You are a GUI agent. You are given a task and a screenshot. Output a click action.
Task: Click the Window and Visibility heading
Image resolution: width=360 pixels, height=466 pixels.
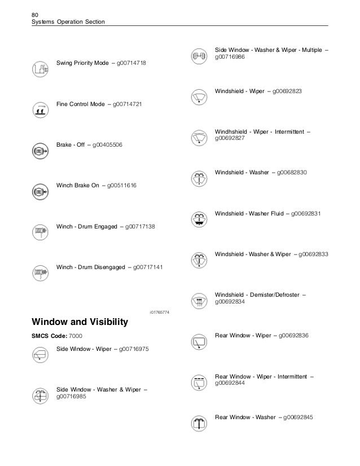pos(80,323)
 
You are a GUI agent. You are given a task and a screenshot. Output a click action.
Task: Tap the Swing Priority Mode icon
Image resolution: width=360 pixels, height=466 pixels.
pos(40,69)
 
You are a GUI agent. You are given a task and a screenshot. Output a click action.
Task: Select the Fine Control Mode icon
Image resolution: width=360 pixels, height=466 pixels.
pos(40,110)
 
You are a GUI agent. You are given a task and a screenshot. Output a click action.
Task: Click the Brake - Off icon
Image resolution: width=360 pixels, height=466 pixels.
pos(40,151)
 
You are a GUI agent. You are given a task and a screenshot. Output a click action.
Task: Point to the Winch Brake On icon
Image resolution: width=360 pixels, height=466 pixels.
pos(40,192)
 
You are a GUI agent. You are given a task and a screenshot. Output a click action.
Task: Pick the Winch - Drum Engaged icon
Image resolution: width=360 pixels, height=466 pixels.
pos(40,232)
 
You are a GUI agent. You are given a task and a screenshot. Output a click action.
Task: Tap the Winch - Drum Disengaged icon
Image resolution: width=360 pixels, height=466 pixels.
pos(40,273)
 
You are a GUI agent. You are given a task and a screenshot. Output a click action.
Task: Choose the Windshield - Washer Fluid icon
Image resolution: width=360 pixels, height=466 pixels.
pos(198,219)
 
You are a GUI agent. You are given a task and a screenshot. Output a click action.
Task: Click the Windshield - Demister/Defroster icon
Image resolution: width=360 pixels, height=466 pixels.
pos(198,300)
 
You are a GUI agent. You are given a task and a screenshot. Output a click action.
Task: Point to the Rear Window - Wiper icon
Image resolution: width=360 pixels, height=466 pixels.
pos(198,341)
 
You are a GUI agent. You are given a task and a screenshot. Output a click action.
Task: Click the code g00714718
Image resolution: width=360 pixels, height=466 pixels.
pos(131,64)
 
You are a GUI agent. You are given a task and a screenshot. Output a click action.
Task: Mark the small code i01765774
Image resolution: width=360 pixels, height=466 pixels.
pos(160,312)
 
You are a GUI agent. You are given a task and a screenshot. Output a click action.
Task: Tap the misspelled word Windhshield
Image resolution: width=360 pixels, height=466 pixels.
pos(233,131)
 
